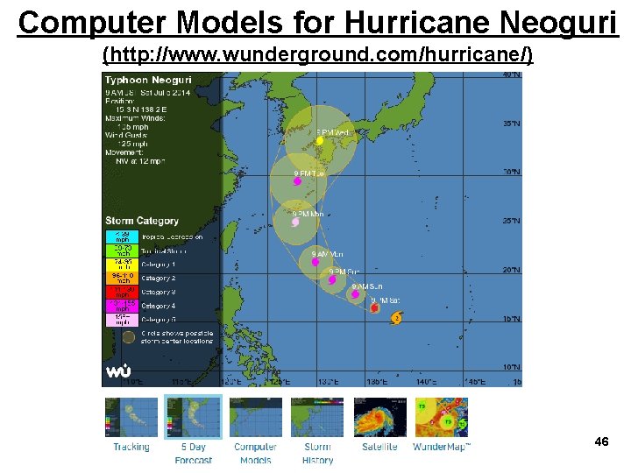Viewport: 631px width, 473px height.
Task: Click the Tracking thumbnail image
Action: [x=131, y=417]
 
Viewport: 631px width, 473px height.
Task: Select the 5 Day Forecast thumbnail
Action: [x=193, y=417]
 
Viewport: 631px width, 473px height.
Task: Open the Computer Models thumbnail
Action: [x=256, y=417]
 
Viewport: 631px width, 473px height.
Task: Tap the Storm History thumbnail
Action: [x=317, y=417]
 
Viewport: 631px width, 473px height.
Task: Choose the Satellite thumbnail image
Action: [x=379, y=417]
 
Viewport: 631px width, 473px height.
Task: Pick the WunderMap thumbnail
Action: [x=442, y=417]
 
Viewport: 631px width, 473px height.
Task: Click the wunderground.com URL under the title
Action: [x=317, y=55]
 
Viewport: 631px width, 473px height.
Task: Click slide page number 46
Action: [x=601, y=441]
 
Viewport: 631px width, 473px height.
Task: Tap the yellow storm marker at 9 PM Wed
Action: [x=320, y=140]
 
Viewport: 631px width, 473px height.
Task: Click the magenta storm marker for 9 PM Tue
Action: [x=297, y=182]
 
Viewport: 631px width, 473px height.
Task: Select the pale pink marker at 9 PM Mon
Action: [x=295, y=222]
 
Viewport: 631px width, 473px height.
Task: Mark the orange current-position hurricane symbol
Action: [x=396, y=317]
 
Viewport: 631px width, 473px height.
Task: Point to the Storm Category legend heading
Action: [x=142, y=221]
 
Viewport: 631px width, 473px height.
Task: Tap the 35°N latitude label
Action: [x=511, y=124]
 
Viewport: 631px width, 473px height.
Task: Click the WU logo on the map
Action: [x=118, y=371]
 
